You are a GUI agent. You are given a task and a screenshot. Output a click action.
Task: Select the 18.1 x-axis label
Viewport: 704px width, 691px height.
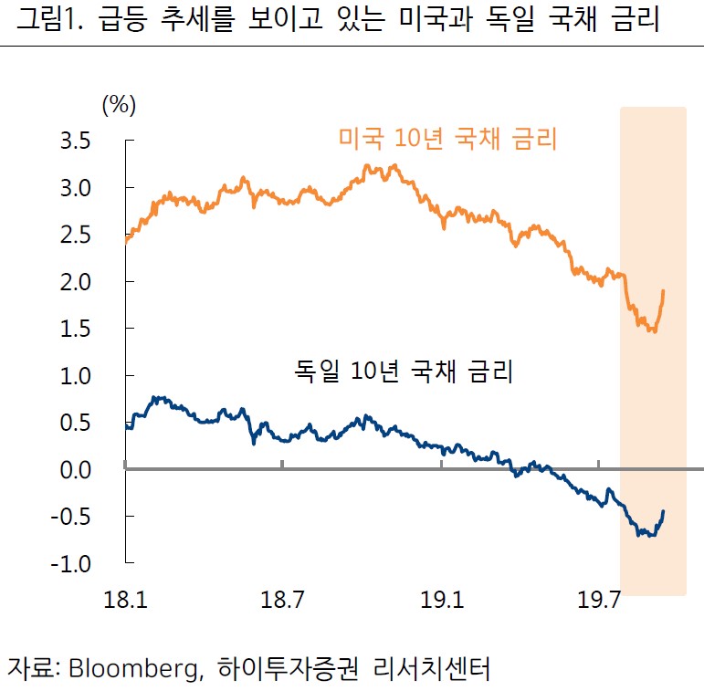point(125,601)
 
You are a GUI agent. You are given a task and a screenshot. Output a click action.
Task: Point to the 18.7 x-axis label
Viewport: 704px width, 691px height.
point(283,601)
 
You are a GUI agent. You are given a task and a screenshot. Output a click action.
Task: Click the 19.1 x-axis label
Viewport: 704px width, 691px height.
point(441,601)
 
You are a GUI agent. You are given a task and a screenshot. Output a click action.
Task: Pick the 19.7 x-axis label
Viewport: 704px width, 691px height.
point(599,601)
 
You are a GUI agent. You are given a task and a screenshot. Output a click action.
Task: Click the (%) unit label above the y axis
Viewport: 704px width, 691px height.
point(119,105)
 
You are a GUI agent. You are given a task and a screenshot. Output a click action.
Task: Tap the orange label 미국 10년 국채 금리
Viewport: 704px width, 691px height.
point(447,140)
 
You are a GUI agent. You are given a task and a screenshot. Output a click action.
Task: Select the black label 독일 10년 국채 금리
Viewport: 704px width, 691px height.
point(403,372)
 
